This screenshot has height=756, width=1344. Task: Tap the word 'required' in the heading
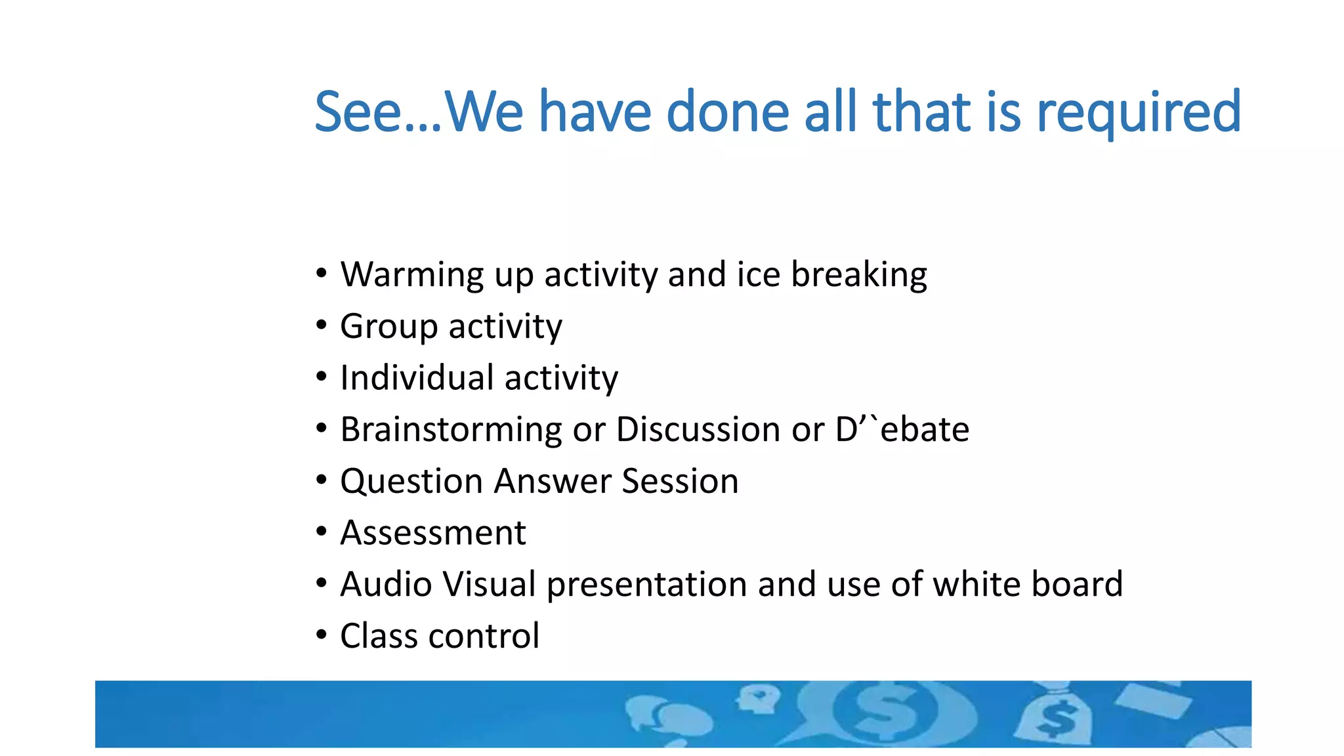[1139, 113]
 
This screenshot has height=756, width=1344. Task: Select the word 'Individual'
[417, 378]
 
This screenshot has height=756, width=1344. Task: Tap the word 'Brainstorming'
[450, 430]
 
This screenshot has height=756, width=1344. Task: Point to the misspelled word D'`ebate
[902, 430]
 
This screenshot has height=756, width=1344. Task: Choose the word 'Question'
[411, 481]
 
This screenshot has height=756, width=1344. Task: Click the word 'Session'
[680, 481]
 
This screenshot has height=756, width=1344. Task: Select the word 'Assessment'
[433, 533]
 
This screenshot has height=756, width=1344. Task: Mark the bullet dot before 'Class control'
[321, 635]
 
